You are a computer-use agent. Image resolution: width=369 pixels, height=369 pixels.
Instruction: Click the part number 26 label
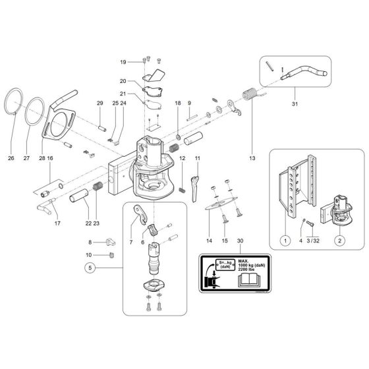pyautogui.click(x=11, y=158)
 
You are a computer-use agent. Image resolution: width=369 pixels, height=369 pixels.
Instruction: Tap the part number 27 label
pyautogui.click(x=26, y=158)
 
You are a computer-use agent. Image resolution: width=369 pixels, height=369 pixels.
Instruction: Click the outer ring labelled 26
pyautogui.click(x=15, y=105)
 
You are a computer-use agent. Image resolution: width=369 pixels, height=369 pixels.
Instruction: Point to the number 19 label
pyautogui.click(x=123, y=61)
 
